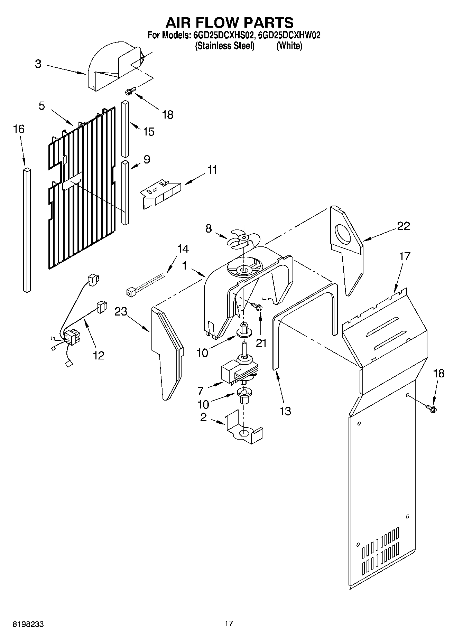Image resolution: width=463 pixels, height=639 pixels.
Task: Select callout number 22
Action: [403, 226]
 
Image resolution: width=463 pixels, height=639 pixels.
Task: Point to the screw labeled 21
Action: [257, 306]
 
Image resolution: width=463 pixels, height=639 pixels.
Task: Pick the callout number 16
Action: [19, 129]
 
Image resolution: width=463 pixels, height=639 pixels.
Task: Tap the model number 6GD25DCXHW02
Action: [289, 35]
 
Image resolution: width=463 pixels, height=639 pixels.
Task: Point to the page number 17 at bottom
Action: [229, 623]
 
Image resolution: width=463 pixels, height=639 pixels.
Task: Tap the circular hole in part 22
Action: [343, 237]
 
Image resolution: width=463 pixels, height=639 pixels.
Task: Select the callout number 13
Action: [285, 411]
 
